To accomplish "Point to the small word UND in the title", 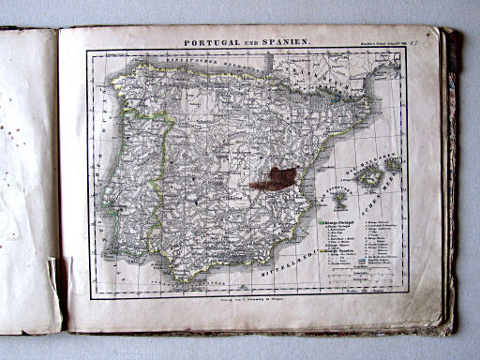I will (x=254, y=43).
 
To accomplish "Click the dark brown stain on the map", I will (x=274, y=178).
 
